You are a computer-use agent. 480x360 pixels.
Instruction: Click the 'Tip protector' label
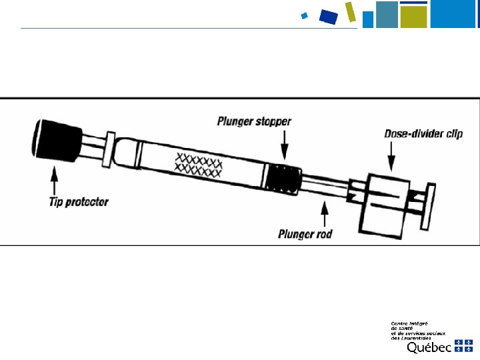(79, 201)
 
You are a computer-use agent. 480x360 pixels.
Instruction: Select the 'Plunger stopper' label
(254, 121)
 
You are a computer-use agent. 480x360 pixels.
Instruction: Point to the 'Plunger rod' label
(305, 234)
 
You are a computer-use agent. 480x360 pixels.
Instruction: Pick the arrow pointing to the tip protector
(54, 179)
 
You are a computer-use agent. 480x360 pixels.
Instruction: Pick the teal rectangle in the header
(386, 14)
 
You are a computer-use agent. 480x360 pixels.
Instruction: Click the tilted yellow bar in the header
(351, 11)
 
